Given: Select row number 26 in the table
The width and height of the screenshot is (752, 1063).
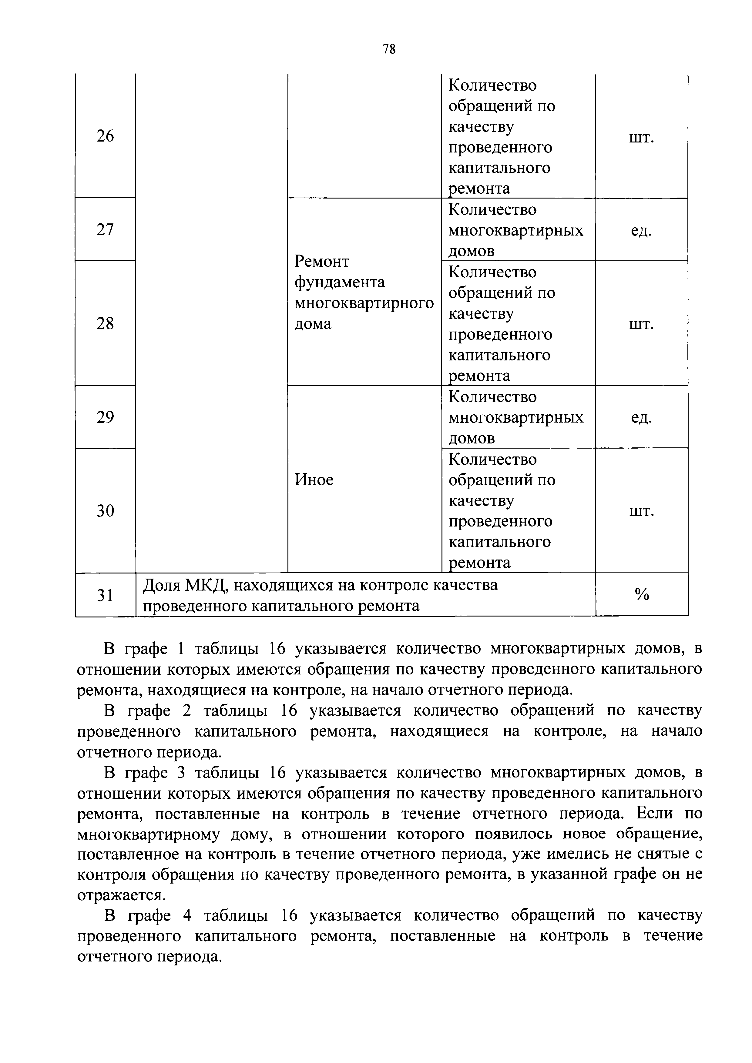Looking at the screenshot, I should [x=105, y=136].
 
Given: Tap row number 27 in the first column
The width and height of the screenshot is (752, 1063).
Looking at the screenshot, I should [x=105, y=230].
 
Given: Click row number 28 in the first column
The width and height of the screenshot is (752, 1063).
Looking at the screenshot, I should [x=105, y=323].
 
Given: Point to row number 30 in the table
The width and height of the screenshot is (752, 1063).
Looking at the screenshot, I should [x=105, y=511].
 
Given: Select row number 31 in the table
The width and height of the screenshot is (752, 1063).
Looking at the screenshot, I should [x=105, y=595].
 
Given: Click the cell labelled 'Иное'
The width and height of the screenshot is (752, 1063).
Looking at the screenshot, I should [x=314, y=480].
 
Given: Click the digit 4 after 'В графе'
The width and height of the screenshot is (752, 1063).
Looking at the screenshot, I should [x=187, y=915].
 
